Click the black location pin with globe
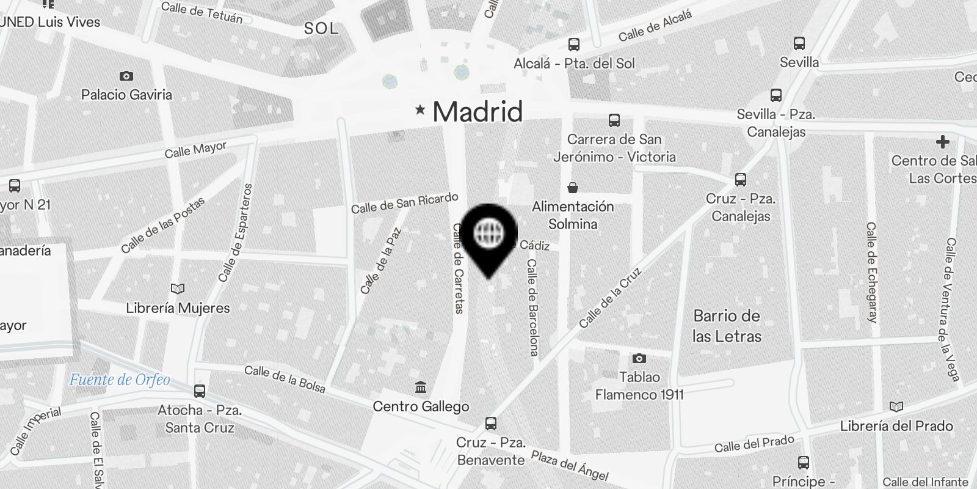coord(488,235)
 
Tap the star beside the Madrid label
coord(420,110)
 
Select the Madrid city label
coord(478,112)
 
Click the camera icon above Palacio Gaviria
coord(126,76)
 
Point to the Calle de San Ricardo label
coord(404,203)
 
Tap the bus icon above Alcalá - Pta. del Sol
coord(573,45)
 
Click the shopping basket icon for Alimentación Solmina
coord(573,187)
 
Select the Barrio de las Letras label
coord(727,326)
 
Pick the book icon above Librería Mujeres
coord(178,289)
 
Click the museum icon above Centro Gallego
coord(421,388)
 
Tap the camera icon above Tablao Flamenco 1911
coord(639,358)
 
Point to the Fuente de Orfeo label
coord(120,380)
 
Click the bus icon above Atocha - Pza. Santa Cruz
coord(200,391)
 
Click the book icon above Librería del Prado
coord(896,407)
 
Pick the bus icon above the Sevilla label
coord(799,43)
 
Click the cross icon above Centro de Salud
coord(943,142)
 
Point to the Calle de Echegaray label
coord(871,272)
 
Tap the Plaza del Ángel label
coord(569,466)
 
